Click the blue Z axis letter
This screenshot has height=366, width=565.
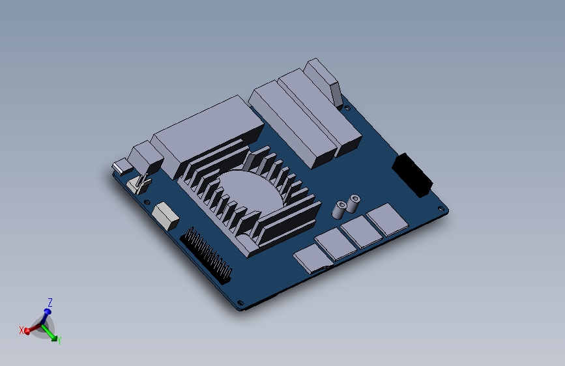tap(50, 302)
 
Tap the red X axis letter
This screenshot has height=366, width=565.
tap(21, 330)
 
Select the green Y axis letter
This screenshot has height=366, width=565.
tap(59, 339)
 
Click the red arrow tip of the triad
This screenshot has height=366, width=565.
tap(27, 331)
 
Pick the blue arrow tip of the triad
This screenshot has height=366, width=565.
tap(47, 312)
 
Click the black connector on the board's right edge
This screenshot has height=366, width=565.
tap(412, 174)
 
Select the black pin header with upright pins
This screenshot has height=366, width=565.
tap(207, 255)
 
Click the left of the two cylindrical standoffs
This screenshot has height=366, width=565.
tap(340, 210)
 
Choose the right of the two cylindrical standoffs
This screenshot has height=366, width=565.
tap(354, 203)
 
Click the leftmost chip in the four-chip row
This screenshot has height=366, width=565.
tap(311, 258)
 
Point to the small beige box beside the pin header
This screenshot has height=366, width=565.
tap(166, 215)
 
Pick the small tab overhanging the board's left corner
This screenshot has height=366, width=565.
tap(121, 167)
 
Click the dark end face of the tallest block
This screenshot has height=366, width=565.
tap(336, 94)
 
